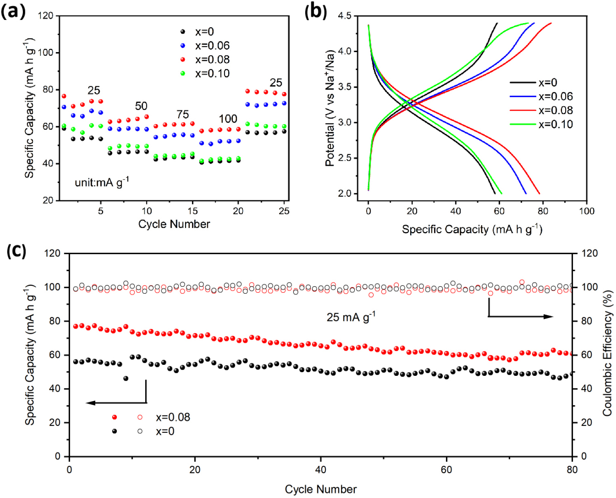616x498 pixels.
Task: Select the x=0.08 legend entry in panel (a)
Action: click(212, 59)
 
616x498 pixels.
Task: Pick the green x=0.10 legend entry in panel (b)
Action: click(555, 124)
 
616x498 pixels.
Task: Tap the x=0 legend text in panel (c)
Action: click(165, 431)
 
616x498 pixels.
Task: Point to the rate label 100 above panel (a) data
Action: click(228, 119)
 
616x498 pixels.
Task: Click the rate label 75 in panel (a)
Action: click(183, 114)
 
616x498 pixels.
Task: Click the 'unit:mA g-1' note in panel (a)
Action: click(102, 182)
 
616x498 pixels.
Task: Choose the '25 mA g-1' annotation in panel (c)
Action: click(351, 317)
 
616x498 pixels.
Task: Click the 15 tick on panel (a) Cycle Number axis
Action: click(192, 211)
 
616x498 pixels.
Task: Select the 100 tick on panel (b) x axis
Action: click(586, 211)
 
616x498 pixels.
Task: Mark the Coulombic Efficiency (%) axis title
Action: click(607, 353)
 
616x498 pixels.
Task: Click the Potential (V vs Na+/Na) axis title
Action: click(330, 108)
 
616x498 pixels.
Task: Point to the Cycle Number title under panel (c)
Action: click(321, 489)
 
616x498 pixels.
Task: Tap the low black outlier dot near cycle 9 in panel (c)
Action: click(126, 378)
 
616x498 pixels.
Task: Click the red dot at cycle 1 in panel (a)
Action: click(64, 96)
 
